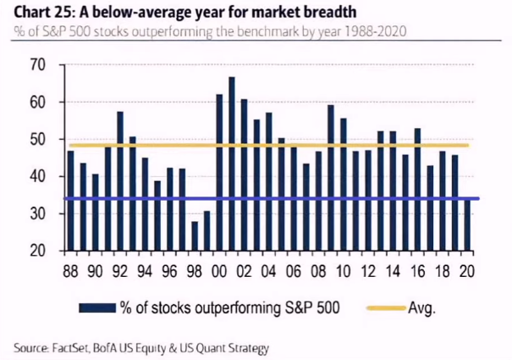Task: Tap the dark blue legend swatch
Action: click(x=96, y=307)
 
